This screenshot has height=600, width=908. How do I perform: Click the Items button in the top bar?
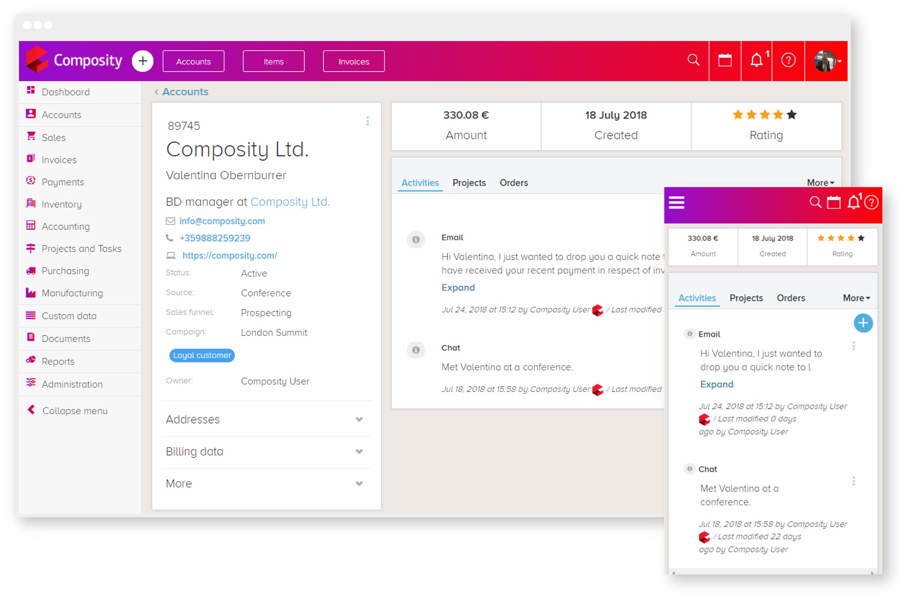(273, 62)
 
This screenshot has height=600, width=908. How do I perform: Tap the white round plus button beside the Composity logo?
(143, 61)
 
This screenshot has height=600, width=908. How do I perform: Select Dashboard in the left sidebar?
(66, 92)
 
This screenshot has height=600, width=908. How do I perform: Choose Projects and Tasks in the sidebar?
(81, 249)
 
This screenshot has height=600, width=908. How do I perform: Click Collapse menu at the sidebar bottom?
(74, 411)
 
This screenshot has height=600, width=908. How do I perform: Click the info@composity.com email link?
(222, 221)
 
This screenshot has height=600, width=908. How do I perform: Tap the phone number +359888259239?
(215, 238)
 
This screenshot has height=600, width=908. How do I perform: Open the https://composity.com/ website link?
(229, 255)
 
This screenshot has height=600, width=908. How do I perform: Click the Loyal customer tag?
(202, 355)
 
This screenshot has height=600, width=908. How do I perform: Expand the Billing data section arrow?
(359, 452)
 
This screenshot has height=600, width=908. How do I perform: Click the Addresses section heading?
(193, 419)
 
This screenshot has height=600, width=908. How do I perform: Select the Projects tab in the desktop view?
(469, 183)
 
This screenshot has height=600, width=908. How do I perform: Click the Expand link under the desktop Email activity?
(458, 287)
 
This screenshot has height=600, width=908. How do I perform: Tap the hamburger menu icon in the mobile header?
(676, 203)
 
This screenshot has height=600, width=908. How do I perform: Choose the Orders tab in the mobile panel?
(791, 298)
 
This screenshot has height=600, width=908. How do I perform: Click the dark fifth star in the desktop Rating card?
(791, 115)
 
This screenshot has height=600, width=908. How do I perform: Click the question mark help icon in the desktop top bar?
(788, 60)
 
